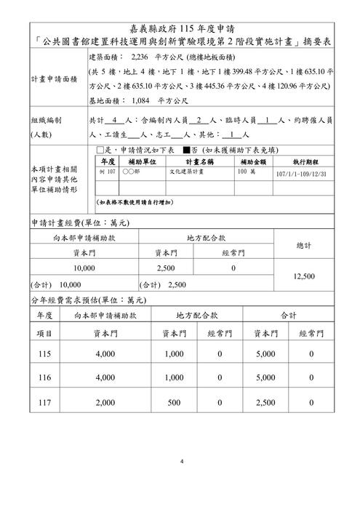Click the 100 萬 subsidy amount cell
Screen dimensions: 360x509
tap(245, 174)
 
